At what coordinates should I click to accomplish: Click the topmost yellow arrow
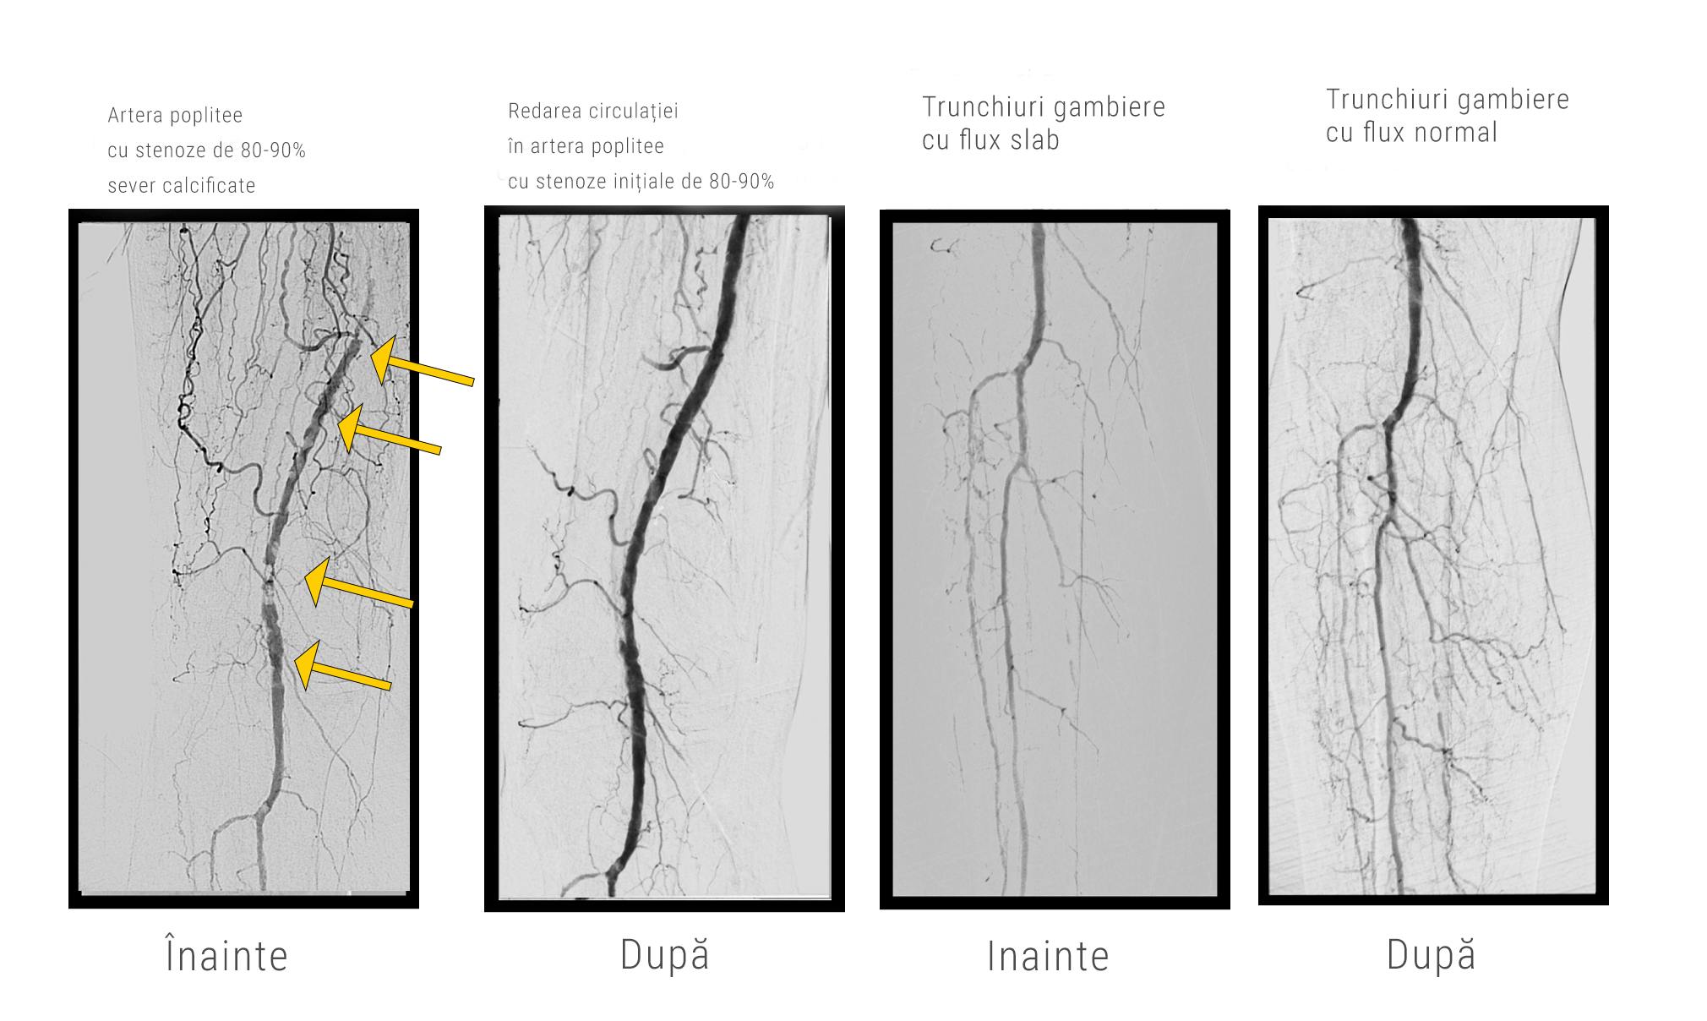[423, 361]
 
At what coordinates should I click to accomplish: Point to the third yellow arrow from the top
[358, 582]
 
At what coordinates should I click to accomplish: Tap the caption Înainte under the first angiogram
[226, 956]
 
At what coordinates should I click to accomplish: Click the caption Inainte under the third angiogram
[1048, 957]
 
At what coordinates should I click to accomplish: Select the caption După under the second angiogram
[664, 954]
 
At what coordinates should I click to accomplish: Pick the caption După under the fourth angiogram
[1431, 954]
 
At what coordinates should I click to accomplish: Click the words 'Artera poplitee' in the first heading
[175, 116]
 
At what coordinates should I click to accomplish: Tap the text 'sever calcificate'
[182, 185]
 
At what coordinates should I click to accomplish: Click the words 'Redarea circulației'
[593, 112]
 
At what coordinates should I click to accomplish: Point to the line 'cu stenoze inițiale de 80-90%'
[641, 181]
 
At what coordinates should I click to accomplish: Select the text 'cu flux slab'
[990, 139]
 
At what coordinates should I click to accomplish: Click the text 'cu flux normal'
[1411, 132]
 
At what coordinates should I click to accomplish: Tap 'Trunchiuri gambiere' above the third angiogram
[1044, 107]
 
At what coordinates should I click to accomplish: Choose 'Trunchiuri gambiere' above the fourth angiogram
[1448, 100]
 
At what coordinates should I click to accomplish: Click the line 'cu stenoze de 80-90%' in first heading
[206, 150]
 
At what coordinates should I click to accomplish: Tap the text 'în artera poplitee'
[586, 146]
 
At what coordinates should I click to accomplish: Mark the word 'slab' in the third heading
[1033, 139]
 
